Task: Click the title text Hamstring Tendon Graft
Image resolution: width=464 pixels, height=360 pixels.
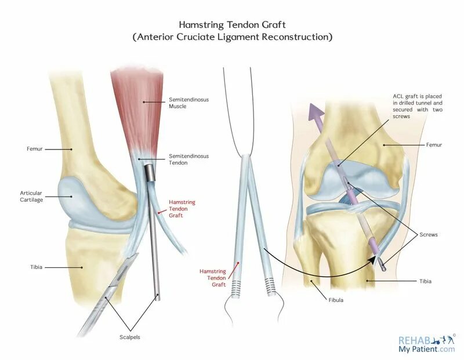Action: coord(232,25)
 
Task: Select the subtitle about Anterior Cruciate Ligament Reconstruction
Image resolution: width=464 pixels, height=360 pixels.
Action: coord(232,37)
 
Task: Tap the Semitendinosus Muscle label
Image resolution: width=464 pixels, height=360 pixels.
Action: coord(188,103)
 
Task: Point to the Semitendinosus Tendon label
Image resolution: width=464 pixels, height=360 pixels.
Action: coord(188,159)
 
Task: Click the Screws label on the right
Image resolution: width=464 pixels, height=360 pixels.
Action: coord(429,235)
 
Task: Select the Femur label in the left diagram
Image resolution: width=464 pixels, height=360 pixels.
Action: coord(34,149)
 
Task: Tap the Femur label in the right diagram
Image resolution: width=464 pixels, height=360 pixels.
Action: coord(434,144)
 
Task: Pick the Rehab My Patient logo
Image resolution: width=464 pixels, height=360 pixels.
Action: coord(426,344)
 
